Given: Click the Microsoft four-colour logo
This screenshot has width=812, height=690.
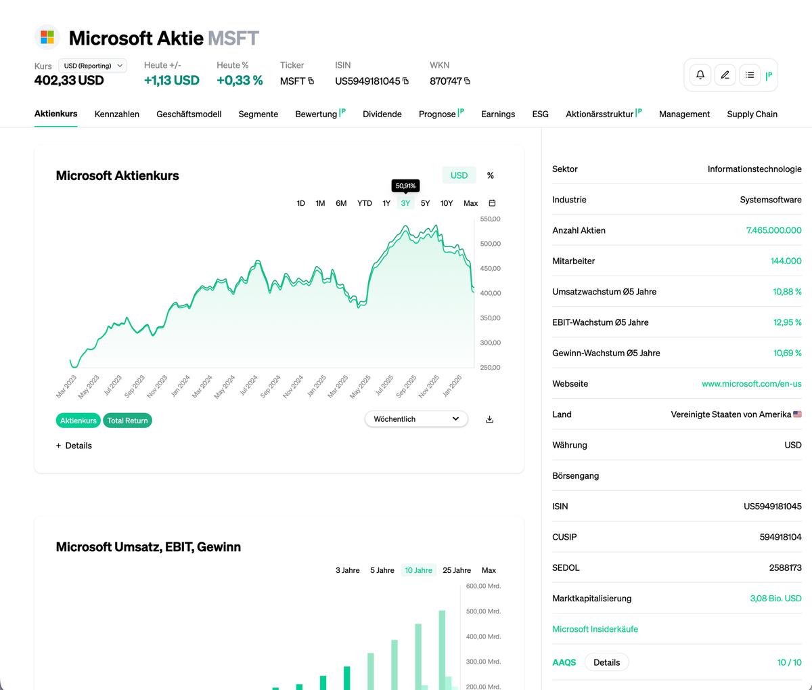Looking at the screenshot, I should tap(47, 37).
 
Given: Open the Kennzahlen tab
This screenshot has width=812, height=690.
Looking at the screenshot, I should tap(117, 114).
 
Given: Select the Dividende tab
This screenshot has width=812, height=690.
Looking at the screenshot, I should tap(382, 114).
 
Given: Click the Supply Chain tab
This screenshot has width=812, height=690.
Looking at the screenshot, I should tap(752, 114).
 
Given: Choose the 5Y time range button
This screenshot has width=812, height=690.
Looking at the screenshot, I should tap(425, 203).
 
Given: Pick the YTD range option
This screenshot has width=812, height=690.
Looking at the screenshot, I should tap(365, 203).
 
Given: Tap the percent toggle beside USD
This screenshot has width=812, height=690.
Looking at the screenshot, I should tap(491, 175).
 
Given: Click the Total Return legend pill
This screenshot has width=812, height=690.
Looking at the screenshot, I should tap(127, 421).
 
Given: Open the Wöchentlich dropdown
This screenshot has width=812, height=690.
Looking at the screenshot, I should tap(416, 419).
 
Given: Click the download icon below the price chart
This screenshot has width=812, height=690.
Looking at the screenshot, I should tap(490, 420).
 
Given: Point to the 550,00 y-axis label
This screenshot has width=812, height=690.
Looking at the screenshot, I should tap(490, 219).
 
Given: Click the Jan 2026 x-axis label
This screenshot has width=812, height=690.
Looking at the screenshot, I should tap(452, 386).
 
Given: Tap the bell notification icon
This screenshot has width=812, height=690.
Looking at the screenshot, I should tap(700, 75).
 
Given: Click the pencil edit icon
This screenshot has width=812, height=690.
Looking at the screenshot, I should tap(725, 75).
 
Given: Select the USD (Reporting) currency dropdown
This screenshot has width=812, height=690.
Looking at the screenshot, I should tap(93, 66).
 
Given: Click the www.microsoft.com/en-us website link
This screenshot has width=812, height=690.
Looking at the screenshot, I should tap(751, 384).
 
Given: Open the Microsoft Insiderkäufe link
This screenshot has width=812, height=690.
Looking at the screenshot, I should tap(595, 629).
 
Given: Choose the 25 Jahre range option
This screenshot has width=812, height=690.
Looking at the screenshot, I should tap(457, 570).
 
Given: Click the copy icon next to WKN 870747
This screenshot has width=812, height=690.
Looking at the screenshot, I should tap(467, 81).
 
